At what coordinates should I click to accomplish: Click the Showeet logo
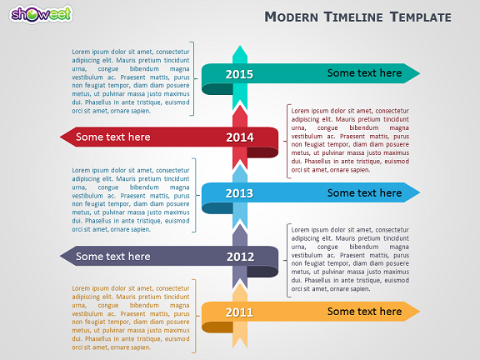click(41, 14)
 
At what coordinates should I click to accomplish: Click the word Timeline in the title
click(353, 17)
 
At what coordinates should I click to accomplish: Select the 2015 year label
click(239, 74)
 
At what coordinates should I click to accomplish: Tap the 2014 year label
click(240, 137)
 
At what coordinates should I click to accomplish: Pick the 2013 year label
click(239, 193)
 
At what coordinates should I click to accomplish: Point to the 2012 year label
click(240, 257)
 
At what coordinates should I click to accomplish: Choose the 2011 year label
click(239, 312)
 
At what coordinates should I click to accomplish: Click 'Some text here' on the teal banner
click(364, 72)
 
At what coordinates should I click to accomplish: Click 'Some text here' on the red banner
click(113, 137)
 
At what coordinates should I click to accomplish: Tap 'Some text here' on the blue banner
click(364, 192)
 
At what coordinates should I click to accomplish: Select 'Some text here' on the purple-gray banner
click(113, 256)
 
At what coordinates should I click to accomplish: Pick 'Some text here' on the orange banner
click(364, 312)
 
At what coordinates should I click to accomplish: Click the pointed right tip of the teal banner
click(420, 73)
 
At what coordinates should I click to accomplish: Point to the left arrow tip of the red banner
click(60, 137)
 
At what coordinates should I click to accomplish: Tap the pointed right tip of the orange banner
click(420, 312)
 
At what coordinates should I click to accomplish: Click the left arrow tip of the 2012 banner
click(60, 256)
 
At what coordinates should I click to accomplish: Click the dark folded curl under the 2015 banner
click(217, 89)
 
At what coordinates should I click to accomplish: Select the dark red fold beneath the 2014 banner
click(262, 152)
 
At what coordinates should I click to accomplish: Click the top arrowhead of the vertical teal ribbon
click(240, 51)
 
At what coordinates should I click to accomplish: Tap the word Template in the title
click(421, 17)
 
